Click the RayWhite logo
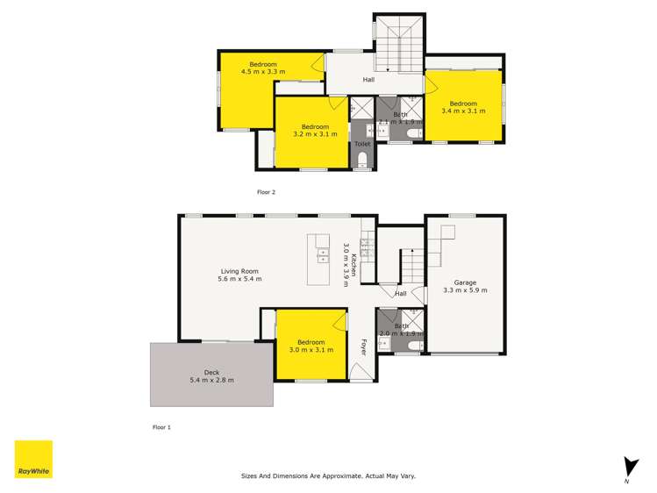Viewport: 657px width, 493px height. coord(33,459)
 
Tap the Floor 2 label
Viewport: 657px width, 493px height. coord(266,191)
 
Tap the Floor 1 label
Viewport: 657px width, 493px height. coord(161,427)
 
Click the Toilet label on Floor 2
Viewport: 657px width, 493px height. coord(362,144)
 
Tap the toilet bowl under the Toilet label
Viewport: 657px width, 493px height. coord(362,160)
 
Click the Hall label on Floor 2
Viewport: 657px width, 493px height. coord(370,81)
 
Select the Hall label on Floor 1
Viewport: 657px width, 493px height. coord(400,294)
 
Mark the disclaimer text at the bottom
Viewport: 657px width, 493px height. coord(328,475)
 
